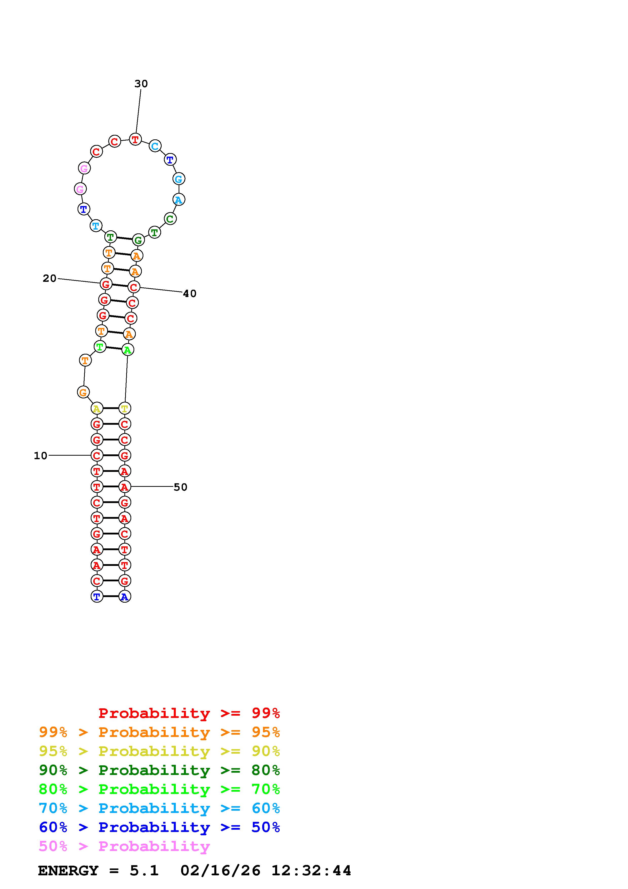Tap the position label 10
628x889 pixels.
41,456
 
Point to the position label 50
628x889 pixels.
180,487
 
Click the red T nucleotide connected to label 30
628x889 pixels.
135,139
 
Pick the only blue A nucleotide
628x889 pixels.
124,597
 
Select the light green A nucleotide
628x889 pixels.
128,350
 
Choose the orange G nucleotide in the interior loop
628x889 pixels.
83,392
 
